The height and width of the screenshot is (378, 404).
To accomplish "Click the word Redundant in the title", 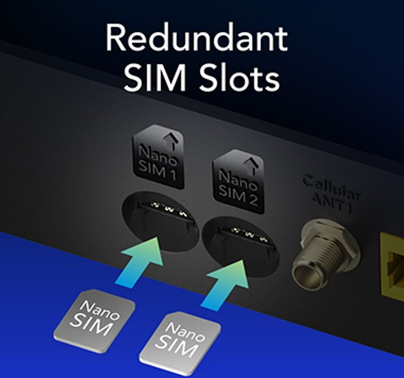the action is tap(196, 39).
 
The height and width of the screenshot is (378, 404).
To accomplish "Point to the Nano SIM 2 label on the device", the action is tap(238, 181).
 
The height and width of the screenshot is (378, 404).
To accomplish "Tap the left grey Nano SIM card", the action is tap(95, 320).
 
